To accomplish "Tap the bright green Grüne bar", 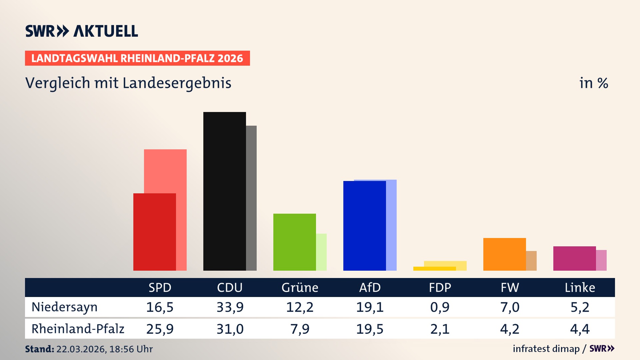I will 294,242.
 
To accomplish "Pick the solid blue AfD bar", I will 364,226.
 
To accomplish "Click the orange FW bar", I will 504,254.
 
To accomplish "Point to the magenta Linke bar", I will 574,258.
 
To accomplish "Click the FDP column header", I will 440,287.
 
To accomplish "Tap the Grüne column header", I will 300,287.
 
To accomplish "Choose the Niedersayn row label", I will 64,307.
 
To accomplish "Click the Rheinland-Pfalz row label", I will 78,329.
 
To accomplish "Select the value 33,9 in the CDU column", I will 230,307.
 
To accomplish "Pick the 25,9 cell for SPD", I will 160,329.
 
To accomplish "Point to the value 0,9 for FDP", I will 440,307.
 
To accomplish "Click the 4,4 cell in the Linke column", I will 580,329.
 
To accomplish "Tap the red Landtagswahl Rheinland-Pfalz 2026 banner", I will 137,58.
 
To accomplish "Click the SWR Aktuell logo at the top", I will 81,31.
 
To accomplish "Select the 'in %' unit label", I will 593,83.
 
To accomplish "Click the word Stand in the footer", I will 39,349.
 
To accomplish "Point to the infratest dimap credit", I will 546,349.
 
